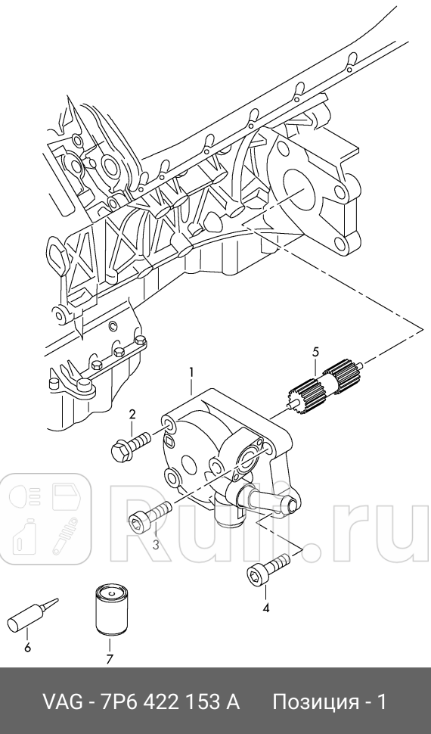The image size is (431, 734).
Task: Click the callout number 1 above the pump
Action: point(191,372)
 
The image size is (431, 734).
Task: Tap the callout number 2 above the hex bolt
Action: point(132,414)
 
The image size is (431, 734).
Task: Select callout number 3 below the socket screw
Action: point(156,544)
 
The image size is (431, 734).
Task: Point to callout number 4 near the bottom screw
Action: point(266,608)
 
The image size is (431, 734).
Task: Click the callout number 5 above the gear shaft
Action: point(315,351)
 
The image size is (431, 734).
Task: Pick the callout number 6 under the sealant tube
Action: point(27,648)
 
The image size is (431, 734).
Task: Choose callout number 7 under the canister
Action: point(110,660)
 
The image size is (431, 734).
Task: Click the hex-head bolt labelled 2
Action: point(131,445)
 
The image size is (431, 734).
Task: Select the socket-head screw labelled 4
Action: point(268,567)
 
